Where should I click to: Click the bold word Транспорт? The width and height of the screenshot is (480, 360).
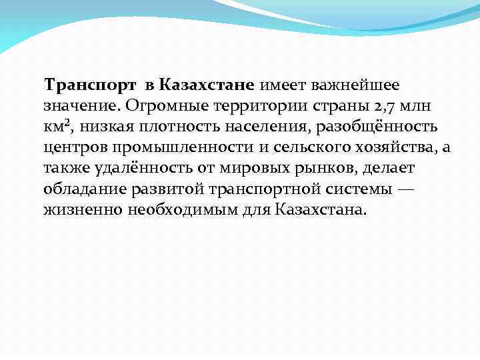(x=88, y=85)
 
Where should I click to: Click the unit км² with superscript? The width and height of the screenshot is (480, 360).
(x=59, y=127)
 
